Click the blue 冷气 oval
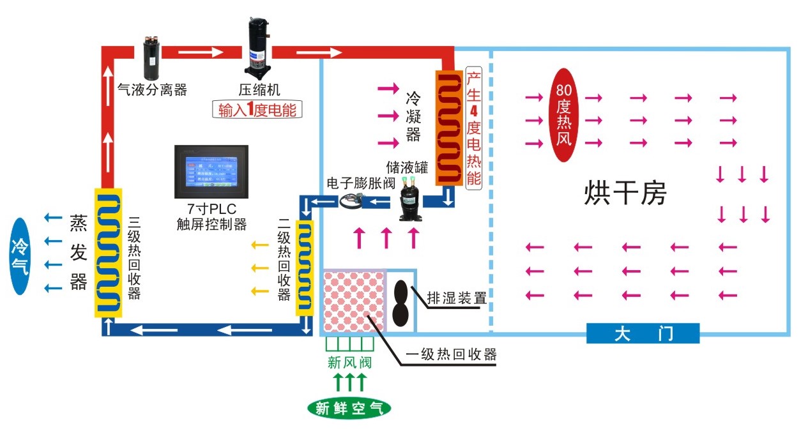(x=20, y=256)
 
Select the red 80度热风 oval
(x=563, y=115)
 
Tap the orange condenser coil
(x=449, y=127)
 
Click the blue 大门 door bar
(x=643, y=333)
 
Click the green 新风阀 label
(x=349, y=363)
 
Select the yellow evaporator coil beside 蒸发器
(x=109, y=252)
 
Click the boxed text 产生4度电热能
(x=473, y=127)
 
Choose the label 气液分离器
(x=153, y=90)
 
